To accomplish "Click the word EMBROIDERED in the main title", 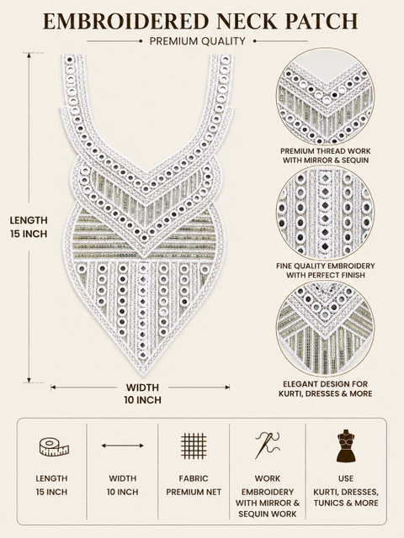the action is (x=126, y=21).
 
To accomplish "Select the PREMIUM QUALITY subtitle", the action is (x=198, y=41).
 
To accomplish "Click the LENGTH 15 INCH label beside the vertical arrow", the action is (x=29, y=227).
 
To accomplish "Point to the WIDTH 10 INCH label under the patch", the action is (x=142, y=393).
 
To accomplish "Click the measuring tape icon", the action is (x=54, y=446).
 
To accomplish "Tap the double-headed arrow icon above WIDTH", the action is (x=123, y=446).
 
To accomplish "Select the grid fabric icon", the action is (x=194, y=446).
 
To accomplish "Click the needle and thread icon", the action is (x=267, y=445).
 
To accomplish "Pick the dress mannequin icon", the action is (x=346, y=446).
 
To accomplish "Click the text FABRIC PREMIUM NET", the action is (x=194, y=485).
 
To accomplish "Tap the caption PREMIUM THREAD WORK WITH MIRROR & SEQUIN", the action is (x=326, y=156).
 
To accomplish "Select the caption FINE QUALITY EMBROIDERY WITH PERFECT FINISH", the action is (x=326, y=271).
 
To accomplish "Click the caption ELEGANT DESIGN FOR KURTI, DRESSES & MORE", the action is (x=326, y=388).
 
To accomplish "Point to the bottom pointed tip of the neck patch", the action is (x=144, y=376).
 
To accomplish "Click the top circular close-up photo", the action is (x=326, y=96).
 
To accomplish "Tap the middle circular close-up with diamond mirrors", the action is (x=326, y=213).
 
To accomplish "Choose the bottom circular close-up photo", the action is (x=326, y=329).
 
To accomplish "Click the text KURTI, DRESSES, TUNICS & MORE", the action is (x=346, y=498).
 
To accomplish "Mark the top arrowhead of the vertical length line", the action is (x=29, y=55).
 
